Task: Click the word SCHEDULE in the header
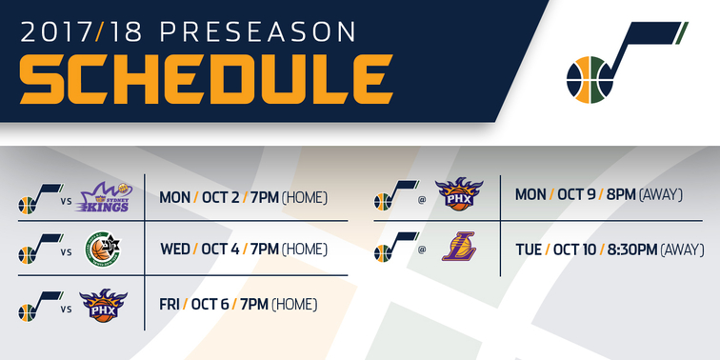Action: coord(205,78)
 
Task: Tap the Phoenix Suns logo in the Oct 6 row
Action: coord(103,305)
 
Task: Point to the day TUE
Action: coord(529,250)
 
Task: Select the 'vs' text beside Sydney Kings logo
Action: coord(66,201)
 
